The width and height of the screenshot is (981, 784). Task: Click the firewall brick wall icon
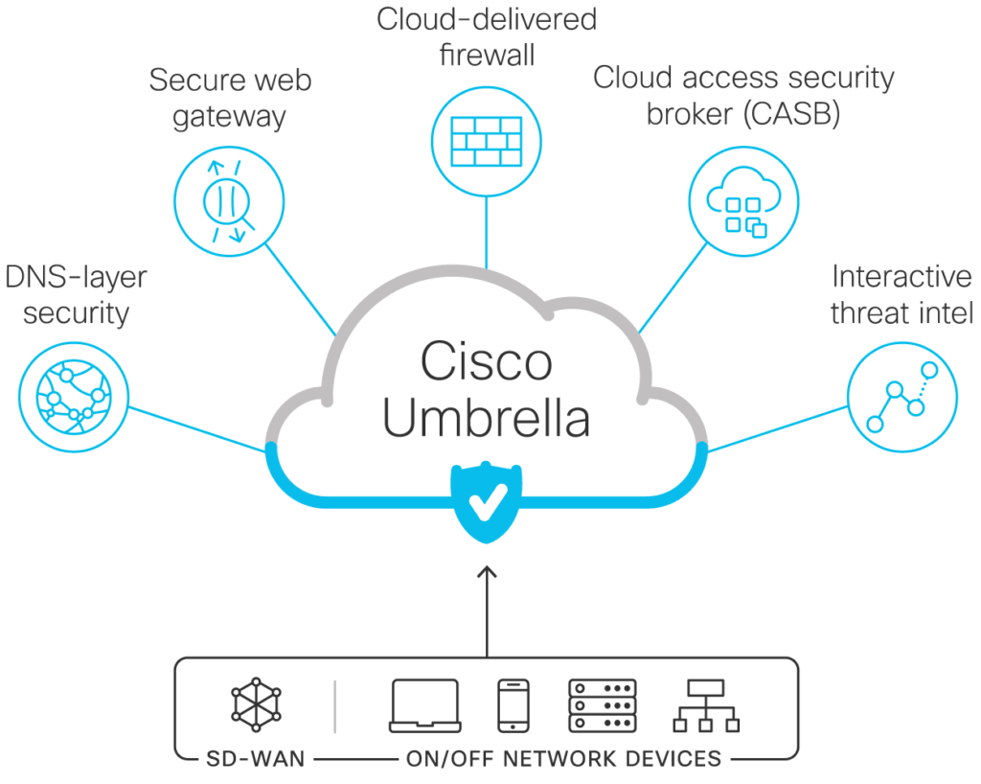coord(487,142)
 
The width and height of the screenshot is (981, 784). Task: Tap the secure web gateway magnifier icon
coord(229,201)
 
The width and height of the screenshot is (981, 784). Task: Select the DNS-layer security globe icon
coord(74,397)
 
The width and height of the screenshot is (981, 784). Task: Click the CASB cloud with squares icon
coord(743,201)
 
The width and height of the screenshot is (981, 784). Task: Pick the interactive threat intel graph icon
coord(902,397)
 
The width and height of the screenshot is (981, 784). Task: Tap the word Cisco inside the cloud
coord(486,361)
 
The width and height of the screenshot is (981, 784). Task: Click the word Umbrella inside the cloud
coord(486,418)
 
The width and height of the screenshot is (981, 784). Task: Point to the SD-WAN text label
coord(255,759)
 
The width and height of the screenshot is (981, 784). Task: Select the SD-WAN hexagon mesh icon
coord(256,704)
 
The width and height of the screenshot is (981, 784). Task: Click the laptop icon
coord(424,705)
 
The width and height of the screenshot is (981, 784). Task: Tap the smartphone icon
coord(513,705)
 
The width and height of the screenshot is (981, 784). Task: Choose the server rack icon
coord(602,705)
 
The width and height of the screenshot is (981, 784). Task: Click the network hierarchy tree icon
coord(706,705)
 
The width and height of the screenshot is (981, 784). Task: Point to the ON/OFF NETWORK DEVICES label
coord(563,759)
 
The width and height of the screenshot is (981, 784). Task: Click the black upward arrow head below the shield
coord(487,572)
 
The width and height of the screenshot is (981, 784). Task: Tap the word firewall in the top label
coord(487,55)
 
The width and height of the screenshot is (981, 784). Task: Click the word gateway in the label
coord(229,117)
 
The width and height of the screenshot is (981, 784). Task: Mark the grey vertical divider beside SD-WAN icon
coord(334,706)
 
